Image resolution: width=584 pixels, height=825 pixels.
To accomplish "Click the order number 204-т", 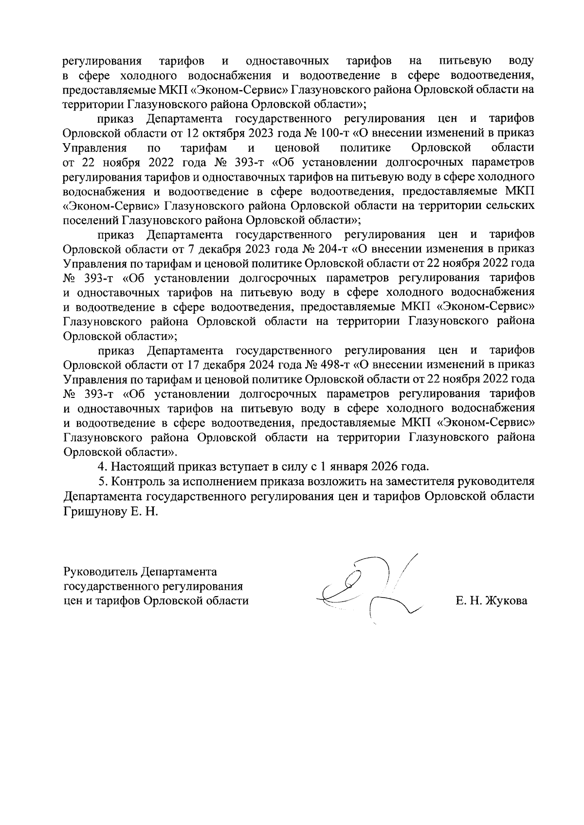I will (x=331, y=249).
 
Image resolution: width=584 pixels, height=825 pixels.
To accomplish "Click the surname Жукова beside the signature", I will (x=506, y=601).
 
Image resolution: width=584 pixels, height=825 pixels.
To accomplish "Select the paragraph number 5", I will (x=102, y=481).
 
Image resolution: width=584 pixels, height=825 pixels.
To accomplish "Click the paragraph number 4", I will (x=102, y=466).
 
